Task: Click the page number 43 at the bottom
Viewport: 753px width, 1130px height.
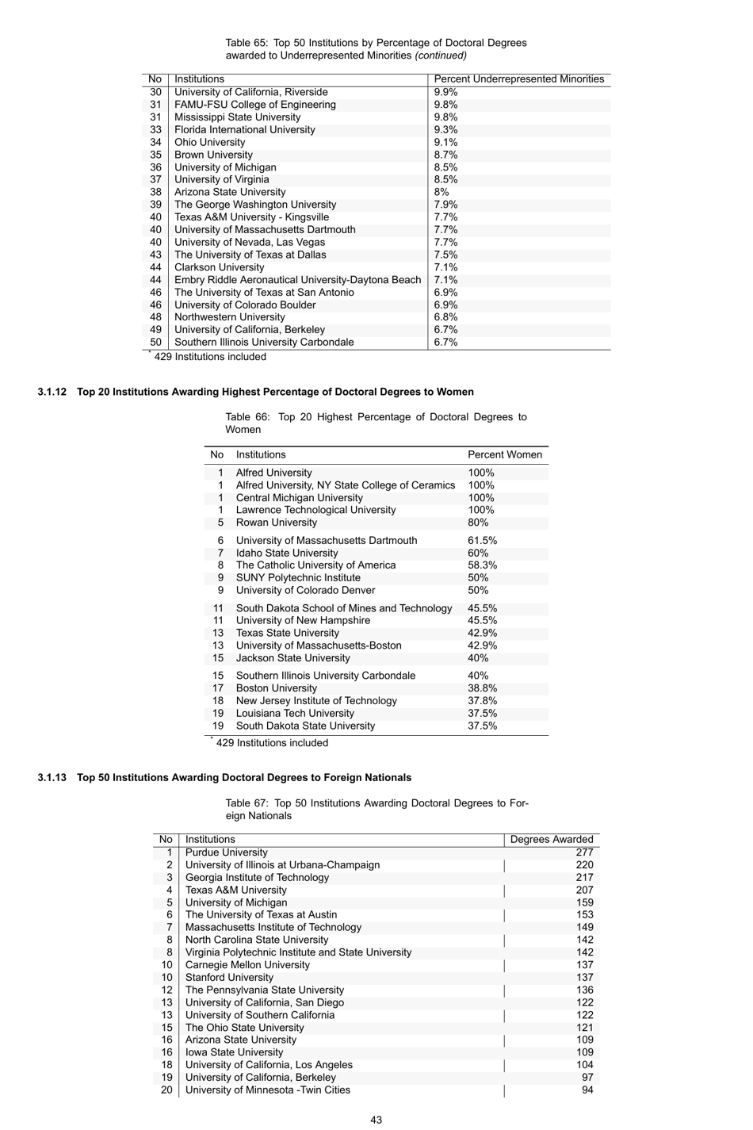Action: (376, 1120)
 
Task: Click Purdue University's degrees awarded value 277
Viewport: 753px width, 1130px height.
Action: (584, 852)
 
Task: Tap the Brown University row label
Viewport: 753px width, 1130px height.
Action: (213, 155)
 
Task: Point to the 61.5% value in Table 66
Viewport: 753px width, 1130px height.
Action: (482, 541)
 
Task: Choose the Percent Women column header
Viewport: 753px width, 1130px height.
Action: (505, 455)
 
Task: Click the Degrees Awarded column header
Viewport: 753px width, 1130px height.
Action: (551, 840)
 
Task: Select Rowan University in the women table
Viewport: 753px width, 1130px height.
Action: (276, 523)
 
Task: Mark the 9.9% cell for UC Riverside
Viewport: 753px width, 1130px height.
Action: (445, 92)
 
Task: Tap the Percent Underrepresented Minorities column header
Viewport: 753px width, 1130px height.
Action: (518, 79)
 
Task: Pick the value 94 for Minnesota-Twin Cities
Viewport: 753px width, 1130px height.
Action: (587, 1090)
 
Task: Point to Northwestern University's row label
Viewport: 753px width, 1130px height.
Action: (229, 317)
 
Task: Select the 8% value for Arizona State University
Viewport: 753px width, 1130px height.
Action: (441, 192)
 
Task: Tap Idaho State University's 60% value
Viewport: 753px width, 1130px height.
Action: (478, 554)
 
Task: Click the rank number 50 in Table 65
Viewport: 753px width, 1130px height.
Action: (155, 343)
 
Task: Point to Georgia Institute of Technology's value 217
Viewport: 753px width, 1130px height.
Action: (584, 878)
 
